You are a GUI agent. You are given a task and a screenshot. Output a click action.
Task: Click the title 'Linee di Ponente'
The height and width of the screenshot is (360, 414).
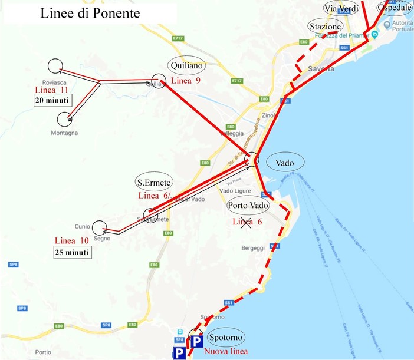point(90,14)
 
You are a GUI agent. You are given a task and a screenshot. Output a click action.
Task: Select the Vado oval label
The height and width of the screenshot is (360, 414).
point(284,161)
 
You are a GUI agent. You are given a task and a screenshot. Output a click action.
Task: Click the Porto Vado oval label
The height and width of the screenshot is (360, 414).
point(248,206)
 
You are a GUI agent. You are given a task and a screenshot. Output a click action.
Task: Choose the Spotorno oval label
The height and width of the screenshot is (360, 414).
point(226,336)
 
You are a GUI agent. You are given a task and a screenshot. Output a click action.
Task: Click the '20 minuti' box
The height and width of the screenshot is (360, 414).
point(51,100)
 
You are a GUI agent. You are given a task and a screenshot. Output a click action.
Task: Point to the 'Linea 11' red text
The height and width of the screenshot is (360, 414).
point(52,90)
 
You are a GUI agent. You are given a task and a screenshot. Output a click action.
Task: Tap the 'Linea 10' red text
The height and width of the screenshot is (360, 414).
point(71,241)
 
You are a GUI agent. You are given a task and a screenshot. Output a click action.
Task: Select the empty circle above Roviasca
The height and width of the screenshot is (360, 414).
point(55,67)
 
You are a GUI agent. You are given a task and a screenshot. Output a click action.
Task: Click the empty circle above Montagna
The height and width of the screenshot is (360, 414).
point(65,120)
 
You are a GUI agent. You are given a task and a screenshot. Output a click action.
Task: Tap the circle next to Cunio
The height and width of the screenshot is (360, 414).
point(99,227)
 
